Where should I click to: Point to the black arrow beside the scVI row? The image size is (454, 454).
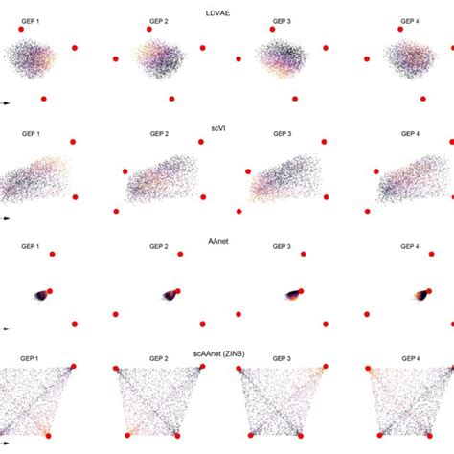coord(5,216)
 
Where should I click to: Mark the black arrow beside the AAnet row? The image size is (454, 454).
coord(5,329)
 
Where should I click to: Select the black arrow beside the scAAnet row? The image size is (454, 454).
coord(5,442)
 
